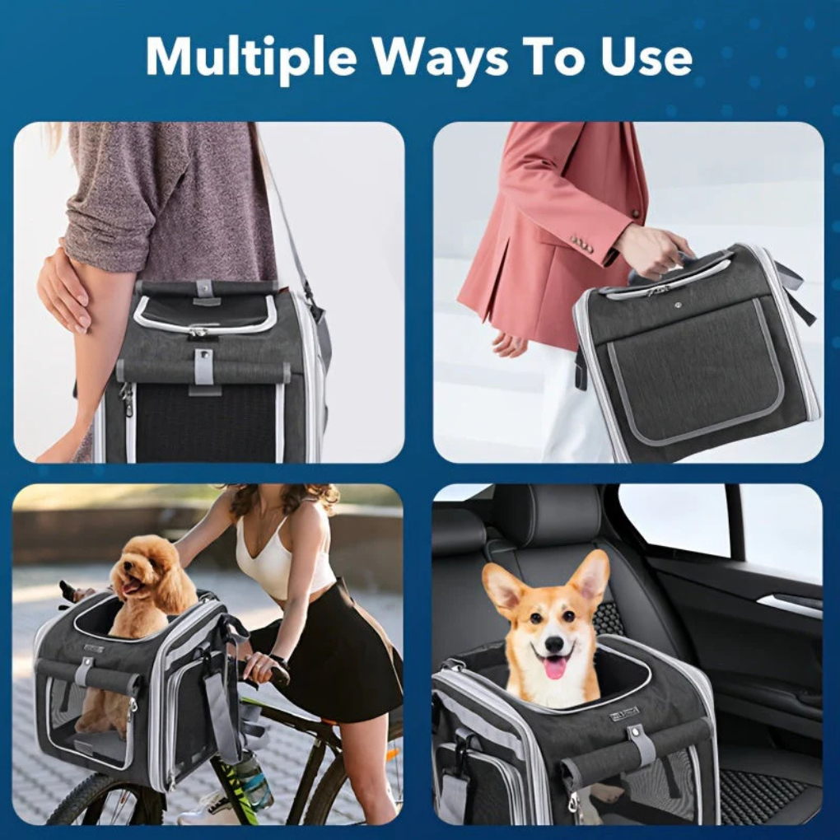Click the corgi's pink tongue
click(556, 666)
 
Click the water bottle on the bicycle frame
click(254, 778)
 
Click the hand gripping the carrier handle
click(653, 251)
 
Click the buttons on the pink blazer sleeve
click(583, 244)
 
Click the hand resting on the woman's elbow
click(63, 288)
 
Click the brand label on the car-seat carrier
click(623, 714)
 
